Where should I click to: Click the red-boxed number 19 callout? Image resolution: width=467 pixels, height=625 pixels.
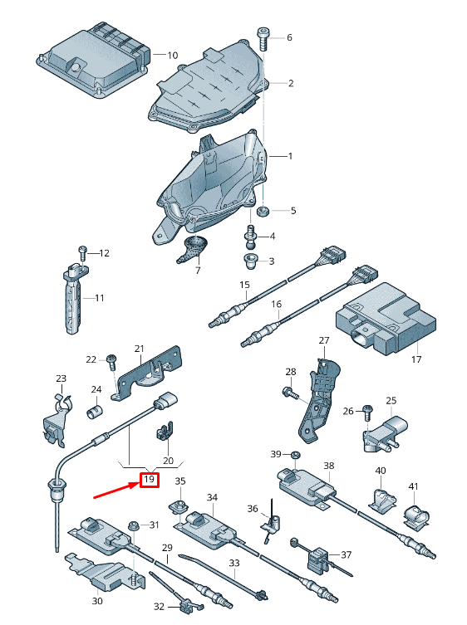tap(150, 479)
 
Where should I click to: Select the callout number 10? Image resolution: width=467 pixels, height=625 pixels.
tap(172, 55)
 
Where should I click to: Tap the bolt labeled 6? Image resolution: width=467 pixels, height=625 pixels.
tap(263, 37)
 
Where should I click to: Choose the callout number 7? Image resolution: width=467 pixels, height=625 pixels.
tap(198, 271)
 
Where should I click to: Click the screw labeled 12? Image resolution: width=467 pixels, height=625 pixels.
tap(82, 251)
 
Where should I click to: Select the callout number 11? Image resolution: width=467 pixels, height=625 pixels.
tap(99, 298)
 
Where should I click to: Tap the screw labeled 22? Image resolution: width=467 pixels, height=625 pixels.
tap(111, 359)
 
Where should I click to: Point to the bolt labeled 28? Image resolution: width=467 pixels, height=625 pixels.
tap(288, 390)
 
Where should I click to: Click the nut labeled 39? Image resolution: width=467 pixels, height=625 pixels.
tap(296, 454)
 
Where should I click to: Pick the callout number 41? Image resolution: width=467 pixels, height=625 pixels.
tap(413, 486)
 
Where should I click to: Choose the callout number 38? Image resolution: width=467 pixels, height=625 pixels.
tap(328, 466)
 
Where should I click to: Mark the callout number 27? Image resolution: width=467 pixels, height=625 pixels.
tap(324, 341)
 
